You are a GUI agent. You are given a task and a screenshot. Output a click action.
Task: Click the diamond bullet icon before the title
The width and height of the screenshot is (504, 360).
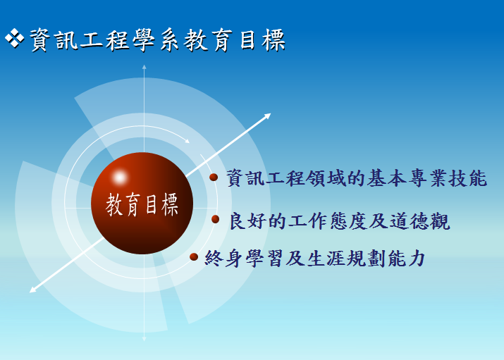tap(15, 38)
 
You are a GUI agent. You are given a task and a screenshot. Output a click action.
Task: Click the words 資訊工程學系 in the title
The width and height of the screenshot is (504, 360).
tap(105, 40)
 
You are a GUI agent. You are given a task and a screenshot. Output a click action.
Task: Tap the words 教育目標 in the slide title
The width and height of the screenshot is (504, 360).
tap(235, 40)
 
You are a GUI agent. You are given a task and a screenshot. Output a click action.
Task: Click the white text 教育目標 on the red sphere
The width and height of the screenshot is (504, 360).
tap(142, 204)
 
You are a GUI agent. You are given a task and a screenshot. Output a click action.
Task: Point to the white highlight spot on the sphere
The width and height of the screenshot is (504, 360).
tap(120, 178)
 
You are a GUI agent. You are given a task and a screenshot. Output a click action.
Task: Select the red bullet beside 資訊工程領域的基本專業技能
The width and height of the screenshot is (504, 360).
tap(214, 177)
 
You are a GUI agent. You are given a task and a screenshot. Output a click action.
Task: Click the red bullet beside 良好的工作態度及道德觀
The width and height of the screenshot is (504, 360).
tap(216, 219)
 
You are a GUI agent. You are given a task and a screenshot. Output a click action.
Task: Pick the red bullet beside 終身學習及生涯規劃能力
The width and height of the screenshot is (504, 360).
tap(194, 256)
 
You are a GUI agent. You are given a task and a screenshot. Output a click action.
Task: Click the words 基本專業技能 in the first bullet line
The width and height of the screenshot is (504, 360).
tap(427, 178)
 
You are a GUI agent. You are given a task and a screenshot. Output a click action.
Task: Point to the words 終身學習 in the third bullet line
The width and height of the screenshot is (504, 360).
tap(244, 258)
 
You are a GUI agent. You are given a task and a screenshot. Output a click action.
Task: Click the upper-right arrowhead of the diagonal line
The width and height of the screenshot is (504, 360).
tap(267, 116)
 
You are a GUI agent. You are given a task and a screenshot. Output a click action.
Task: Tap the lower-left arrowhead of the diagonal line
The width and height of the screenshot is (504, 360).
tap(33, 290)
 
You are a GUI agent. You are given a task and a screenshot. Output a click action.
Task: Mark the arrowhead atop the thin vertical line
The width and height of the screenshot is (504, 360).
tap(145, 67)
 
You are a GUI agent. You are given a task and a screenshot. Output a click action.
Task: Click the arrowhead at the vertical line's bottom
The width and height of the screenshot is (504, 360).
tap(145, 339)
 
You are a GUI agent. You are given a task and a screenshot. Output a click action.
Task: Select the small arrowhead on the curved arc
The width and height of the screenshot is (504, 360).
tap(187, 141)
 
